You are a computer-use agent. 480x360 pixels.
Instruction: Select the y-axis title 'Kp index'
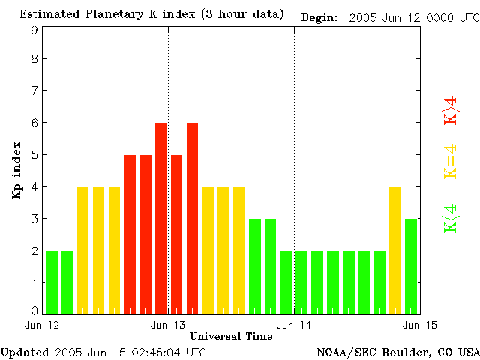tap(16, 169)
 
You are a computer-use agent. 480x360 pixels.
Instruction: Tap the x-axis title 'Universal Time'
tap(231, 336)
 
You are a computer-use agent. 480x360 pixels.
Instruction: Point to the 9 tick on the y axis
tap(34, 30)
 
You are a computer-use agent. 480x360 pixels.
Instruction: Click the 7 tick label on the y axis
tap(34, 91)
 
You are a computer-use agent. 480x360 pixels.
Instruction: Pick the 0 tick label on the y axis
tap(34, 310)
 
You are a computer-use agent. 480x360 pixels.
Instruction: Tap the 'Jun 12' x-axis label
tap(42, 324)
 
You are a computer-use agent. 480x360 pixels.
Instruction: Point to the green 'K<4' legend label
tap(451, 218)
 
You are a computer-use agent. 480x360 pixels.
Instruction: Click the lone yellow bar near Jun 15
tap(395, 250)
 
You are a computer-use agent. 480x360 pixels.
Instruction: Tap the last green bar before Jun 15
tap(411, 265)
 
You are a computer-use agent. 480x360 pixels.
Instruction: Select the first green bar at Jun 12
tap(52, 282)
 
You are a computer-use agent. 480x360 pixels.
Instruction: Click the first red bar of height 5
tap(130, 234)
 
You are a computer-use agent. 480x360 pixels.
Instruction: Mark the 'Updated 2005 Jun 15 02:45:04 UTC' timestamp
tap(103, 352)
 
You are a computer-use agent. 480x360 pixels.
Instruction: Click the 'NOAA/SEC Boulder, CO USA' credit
tap(398, 352)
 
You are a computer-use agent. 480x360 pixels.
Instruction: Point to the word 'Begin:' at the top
tap(320, 17)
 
